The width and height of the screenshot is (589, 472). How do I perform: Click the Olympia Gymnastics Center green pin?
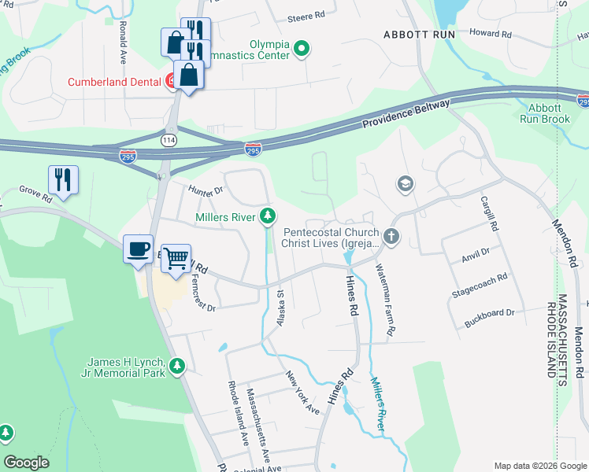click(301, 50)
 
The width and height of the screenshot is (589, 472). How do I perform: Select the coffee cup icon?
click(139, 249)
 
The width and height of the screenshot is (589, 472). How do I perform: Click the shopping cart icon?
click(178, 257)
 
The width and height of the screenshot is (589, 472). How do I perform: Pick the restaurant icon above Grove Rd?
click(63, 180)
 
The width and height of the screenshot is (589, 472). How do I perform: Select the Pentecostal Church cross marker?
click(391, 236)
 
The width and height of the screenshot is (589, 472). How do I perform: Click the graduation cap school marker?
click(406, 184)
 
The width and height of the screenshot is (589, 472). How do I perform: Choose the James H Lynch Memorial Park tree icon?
click(177, 366)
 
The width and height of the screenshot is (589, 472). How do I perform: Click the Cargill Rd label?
click(490, 213)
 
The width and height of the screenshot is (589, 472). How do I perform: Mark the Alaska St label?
click(280, 308)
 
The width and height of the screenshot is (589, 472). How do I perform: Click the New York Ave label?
click(303, 393)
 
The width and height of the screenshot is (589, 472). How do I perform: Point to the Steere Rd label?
click(308, 16)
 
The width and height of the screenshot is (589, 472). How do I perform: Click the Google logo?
click(27, 463)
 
